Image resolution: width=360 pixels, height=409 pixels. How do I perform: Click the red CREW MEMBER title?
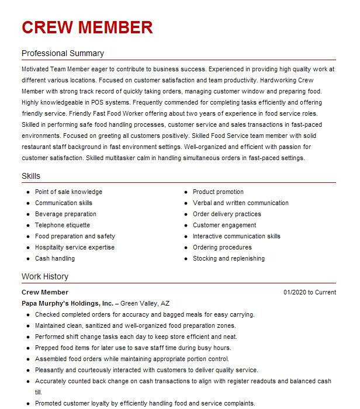coord(87,27)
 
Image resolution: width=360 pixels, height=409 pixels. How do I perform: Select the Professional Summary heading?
coord(63,53)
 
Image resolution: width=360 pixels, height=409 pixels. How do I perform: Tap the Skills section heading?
coord(31,176)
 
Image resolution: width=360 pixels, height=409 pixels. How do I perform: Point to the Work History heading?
coord(45,276)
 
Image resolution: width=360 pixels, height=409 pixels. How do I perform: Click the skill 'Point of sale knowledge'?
coord(68,192)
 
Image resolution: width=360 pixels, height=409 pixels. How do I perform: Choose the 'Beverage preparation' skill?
coord(65,214)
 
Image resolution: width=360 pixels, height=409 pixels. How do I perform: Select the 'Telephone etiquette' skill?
coord(63,225)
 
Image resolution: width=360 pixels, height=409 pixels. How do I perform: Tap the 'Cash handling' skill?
coord(55,258)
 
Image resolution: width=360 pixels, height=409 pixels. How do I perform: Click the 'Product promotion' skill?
coord(218,192)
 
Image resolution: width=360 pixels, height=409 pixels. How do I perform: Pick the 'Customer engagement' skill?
coord(224,225)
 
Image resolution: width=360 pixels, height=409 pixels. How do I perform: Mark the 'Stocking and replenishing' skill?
coord(229,258)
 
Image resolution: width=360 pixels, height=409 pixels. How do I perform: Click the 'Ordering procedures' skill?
coord(222,247)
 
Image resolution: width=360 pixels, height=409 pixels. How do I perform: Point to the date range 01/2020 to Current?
coord(310,292)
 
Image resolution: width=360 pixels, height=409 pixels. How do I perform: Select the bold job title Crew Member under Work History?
coord(45,292)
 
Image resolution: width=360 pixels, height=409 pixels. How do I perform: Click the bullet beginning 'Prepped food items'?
coord(136,348)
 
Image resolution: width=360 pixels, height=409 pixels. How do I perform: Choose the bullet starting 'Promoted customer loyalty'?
coord(144,403)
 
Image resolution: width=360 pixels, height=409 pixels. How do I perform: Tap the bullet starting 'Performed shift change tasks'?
coord(136,337)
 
